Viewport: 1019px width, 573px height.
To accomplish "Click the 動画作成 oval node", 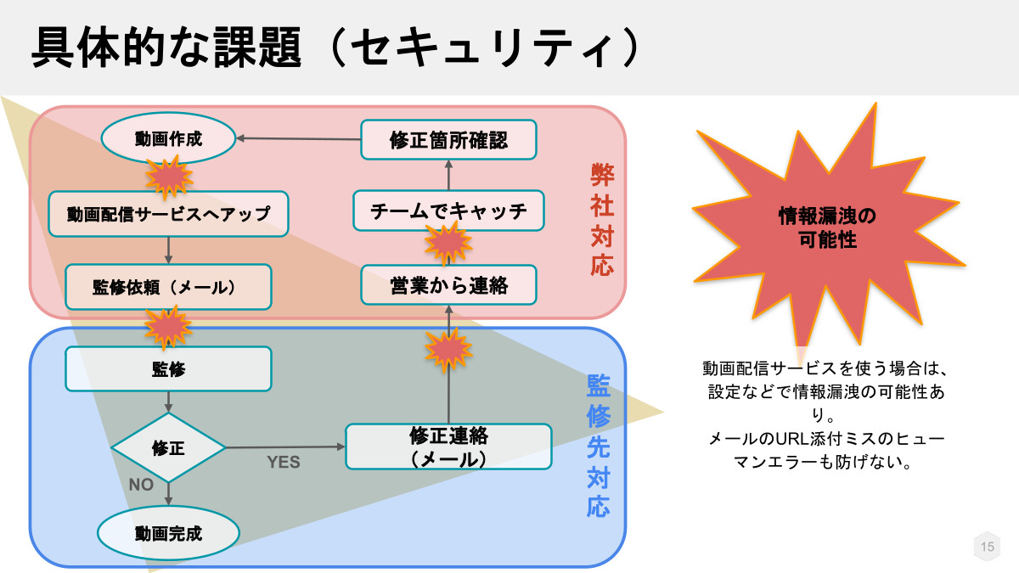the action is [x=168, y=138].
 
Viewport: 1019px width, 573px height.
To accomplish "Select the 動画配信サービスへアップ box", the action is [x=168, y=214].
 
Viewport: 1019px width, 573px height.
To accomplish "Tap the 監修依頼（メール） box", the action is [x=168, y=287].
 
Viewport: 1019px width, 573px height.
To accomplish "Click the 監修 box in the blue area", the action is [x=168, y=368].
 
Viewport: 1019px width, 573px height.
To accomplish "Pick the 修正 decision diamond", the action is [x=168, y=448].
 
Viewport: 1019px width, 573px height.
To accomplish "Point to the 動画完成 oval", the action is [x=168, y=533].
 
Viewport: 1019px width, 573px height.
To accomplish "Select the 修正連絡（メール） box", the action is [x=448, y=447].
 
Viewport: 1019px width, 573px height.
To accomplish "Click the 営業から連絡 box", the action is [x=448, y=285].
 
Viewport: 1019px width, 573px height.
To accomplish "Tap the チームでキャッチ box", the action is [x=448, y=211].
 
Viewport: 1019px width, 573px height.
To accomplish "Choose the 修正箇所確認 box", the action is [x=448, y=139].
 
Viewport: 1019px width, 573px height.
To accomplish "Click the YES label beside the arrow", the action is [x=284, y=462].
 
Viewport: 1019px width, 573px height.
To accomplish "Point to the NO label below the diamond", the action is [x=141, y=485].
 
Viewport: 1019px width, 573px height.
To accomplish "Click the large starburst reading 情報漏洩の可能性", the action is [x=827, y=228].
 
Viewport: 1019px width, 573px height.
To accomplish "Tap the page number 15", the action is [x=987, y=547].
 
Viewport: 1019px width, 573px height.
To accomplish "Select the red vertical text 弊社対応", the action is [x=602, y=220].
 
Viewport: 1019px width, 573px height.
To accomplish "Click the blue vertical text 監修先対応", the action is [x=598, y=446].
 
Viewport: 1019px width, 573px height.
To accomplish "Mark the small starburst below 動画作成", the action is [x=169, y=177].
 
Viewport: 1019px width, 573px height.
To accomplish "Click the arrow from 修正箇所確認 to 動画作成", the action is [x=298, y=138].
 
